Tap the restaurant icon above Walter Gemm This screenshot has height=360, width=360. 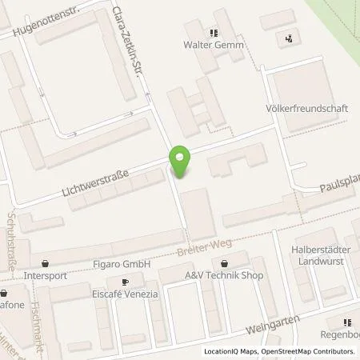point(213,33)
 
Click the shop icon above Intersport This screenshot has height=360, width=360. point(45,263)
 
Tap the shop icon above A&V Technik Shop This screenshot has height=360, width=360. point(225,263)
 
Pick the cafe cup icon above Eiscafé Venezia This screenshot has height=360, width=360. point(125,282)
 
